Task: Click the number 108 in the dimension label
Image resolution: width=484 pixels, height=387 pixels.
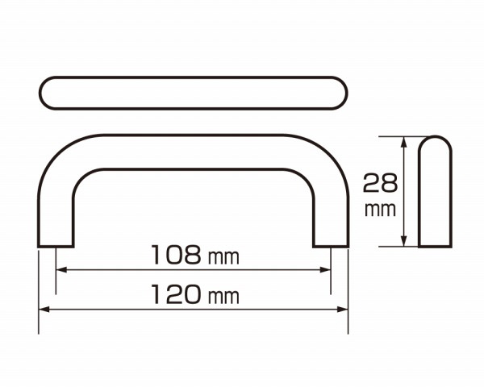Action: tap(176, 255)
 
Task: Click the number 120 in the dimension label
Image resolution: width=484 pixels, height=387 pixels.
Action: tap(176, 294)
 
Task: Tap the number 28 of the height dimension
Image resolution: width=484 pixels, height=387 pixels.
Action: tap(380, 183)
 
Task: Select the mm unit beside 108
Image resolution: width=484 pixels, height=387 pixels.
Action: tap(223, 257)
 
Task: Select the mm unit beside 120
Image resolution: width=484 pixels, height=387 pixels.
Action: tap(223, 297)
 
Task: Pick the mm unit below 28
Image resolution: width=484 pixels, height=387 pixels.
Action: tap(380, 210)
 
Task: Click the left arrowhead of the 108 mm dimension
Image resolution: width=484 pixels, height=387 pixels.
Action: tap(62, 270)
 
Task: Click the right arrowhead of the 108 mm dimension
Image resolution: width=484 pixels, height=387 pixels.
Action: tap(325, 270)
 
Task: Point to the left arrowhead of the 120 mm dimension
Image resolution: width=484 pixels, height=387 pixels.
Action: tap(44, 310)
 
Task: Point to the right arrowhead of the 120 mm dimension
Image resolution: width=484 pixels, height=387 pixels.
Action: tap(343, 310)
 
